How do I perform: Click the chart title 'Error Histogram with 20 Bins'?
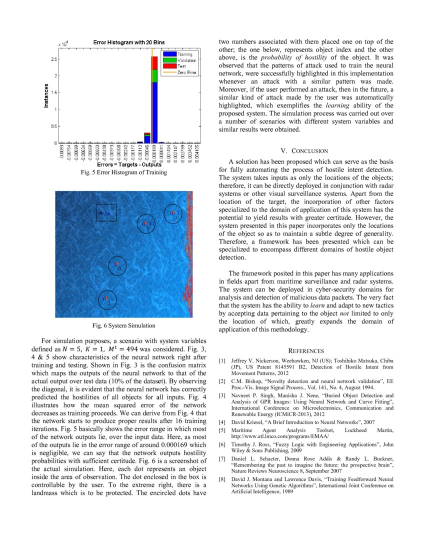click(x=129, y=42)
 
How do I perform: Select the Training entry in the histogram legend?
click(x=178, y=54)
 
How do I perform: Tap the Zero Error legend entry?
click(x=178, y=72)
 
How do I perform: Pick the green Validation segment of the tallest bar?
click(x=154, y=75)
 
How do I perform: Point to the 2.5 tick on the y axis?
click(x=53, y=59)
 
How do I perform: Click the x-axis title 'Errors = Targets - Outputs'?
click(x=125, y=164)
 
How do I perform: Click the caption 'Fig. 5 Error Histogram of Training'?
click(x=123, y=172)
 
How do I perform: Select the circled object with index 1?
click(x=146, y=224)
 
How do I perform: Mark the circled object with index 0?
click(x=117, y=265)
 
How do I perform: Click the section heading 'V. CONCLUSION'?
click(x=304, y=150)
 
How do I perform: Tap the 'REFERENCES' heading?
click(x=306, y=351)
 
